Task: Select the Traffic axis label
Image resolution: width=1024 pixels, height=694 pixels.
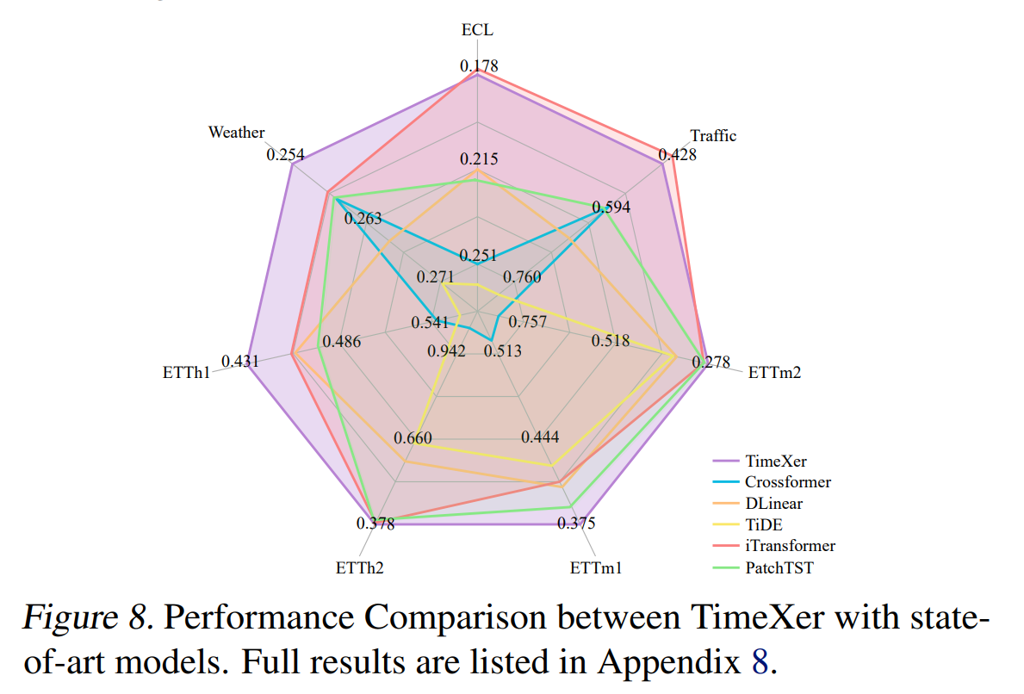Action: pos(713,135)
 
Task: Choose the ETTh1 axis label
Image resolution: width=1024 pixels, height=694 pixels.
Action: pos(187,373)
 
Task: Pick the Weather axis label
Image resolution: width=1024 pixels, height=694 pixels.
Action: pos(236,133)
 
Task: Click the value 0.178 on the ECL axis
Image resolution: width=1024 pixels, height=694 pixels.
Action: pos(479,66)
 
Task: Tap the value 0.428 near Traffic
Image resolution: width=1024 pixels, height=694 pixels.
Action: pos(678,155)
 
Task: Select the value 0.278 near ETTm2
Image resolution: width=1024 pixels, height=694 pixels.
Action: pos(711,363)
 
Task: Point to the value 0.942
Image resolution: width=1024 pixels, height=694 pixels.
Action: pos(446,350)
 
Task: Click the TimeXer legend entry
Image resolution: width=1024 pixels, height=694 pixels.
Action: pos(776,462)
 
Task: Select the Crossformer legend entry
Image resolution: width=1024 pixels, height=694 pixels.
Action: pos(788,482)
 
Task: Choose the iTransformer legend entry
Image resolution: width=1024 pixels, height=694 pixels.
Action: pos(790,545)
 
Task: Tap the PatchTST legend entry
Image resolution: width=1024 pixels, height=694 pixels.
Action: pos(779,567)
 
